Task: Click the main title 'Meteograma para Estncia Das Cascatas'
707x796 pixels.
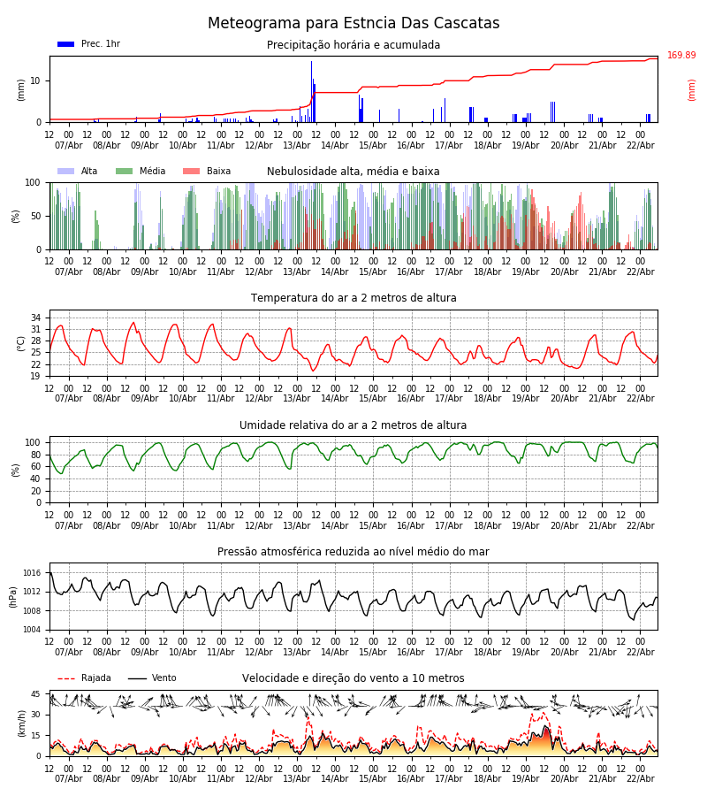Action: click(x=353, y=24)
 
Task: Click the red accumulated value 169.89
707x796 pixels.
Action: click(x=681, y=56)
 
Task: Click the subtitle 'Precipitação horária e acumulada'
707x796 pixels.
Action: click(x=353, y=45)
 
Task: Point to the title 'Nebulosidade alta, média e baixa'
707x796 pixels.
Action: click(x=353, y=172)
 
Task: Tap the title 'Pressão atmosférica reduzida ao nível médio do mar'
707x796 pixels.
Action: click(x=353, y=552)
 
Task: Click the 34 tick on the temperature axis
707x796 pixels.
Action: click(x=36, y=318)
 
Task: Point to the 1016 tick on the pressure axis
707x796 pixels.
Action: click(x=33, y=573)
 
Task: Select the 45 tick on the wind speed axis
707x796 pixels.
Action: click(x=36, y=693)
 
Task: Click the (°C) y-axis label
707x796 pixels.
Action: click(x=21, y=343)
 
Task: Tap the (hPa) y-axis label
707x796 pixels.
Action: click(x=14, y=596)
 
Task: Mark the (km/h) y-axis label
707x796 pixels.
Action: click(x=21, y=723)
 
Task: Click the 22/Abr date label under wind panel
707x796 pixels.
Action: click(x=640, y=778)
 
